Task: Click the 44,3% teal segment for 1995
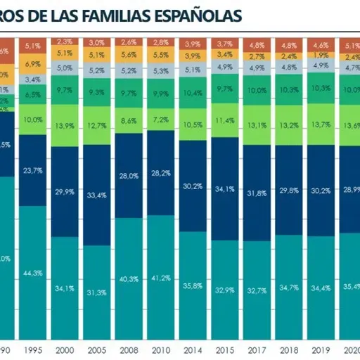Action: point(30,273)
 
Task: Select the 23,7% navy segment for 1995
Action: point(30,170)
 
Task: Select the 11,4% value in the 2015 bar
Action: point(224,120)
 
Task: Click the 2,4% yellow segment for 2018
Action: point(288,56)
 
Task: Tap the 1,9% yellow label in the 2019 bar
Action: point(321,55)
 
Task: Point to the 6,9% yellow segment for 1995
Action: point(30,64)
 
